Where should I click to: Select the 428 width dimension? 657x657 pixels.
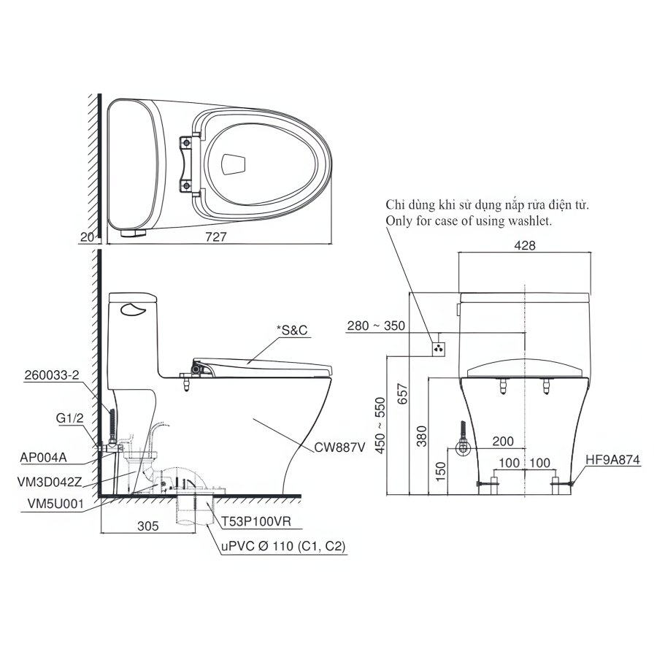[524, 246]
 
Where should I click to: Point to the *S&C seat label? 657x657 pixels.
[292, 331]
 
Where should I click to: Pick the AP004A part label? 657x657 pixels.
[44, 457]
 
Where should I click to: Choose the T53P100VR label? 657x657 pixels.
[253, 523]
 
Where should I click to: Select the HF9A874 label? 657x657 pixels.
[613, 461]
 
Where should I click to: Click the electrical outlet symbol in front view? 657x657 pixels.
[438, 347]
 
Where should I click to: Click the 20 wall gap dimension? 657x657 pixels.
[88, 237]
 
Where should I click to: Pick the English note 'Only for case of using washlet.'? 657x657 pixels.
[468, 220]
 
